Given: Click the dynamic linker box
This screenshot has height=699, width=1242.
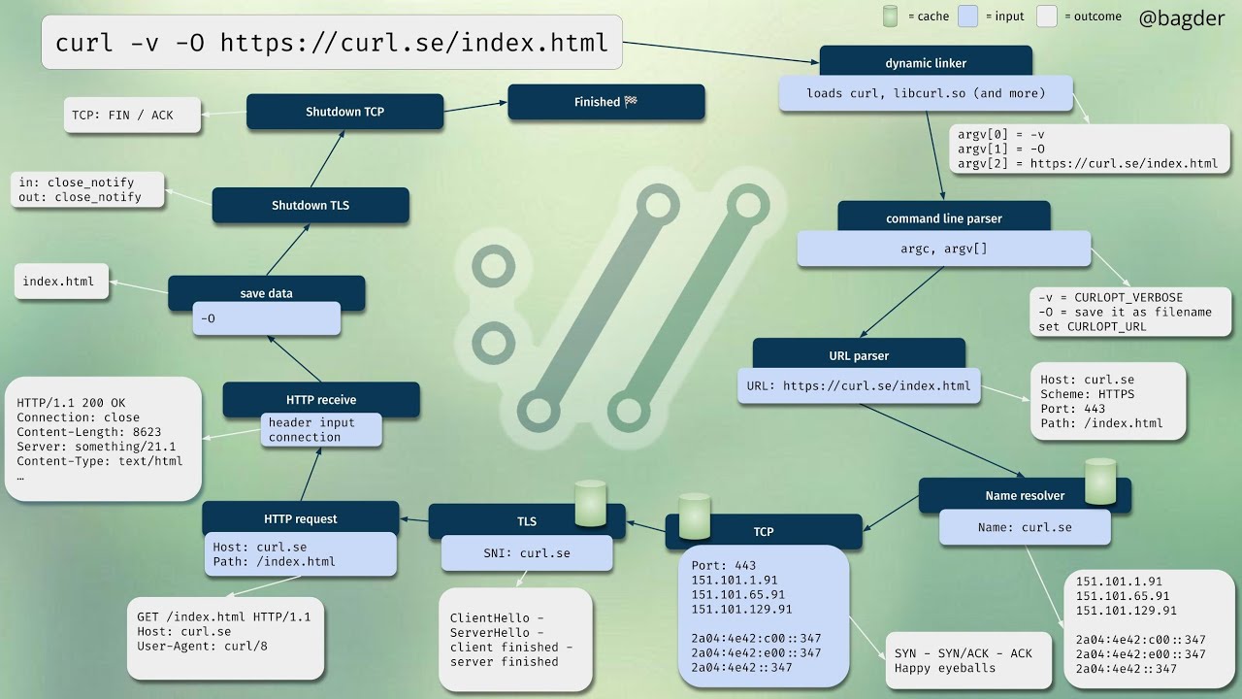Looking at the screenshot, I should [925, 63].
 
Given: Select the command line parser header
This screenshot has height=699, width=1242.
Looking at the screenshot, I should [943, 218].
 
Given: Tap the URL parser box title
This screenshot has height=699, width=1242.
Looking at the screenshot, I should [859, 355].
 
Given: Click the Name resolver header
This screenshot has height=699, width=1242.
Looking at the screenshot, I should [1025, 495].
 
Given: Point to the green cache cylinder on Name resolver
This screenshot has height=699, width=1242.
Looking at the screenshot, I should [1100, 482].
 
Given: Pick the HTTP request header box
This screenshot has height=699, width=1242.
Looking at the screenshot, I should [300, 518].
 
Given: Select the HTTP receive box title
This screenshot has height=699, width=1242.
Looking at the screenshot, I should [320, 399].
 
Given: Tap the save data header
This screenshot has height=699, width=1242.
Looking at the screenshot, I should [266, 293].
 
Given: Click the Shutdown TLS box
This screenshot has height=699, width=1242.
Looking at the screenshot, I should [310, 205].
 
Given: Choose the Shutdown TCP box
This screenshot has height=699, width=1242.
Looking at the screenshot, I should [344, 112].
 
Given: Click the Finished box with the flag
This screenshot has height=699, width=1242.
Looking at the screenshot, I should [605, 102].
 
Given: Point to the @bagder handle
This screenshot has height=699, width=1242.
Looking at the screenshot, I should [1181, 17].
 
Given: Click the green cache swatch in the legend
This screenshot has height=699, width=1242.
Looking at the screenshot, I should [890, 17].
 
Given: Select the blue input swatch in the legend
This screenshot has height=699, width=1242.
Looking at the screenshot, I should [967, 17].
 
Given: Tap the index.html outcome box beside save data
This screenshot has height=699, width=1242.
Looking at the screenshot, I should [59, 282].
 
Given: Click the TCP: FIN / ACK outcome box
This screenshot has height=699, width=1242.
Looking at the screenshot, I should [122, 115].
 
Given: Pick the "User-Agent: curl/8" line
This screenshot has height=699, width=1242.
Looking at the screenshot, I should [202, 646].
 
